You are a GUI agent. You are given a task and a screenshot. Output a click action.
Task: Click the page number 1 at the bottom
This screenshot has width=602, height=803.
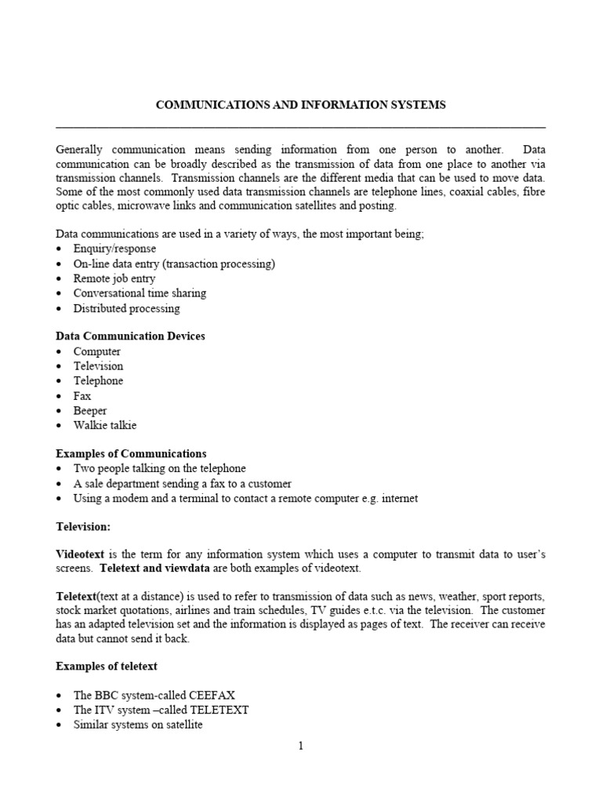(300, 746)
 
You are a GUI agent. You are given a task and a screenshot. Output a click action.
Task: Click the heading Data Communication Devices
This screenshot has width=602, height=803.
(130, 336)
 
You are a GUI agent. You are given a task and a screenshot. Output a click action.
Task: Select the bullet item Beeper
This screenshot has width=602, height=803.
(90, 411)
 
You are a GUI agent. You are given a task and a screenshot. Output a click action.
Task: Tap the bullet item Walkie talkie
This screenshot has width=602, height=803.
(105, 426)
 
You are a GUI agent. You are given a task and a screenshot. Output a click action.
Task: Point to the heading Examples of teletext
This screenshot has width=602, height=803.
(107, 666)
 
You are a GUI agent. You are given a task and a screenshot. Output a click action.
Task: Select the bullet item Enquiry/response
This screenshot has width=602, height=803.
(114, 249)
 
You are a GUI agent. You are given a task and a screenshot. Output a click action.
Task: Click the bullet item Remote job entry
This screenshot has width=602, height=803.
(114, 278)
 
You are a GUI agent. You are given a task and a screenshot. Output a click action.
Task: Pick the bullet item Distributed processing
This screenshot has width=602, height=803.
(126, 308)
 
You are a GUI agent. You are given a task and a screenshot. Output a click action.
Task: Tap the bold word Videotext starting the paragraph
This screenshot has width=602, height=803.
(79, 554)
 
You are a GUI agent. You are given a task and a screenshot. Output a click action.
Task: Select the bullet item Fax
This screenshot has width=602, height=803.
(82, 396)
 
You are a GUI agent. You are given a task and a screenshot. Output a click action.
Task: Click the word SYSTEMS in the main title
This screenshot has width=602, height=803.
(416, 105)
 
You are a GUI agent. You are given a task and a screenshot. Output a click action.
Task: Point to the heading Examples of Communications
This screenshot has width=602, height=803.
(131, 453)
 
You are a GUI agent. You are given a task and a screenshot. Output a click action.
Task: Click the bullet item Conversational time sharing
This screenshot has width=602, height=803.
(140, 293)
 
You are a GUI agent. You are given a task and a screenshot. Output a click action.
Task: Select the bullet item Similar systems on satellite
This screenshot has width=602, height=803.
(138, 725)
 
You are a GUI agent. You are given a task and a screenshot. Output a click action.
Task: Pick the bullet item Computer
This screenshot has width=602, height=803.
(97, 351)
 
